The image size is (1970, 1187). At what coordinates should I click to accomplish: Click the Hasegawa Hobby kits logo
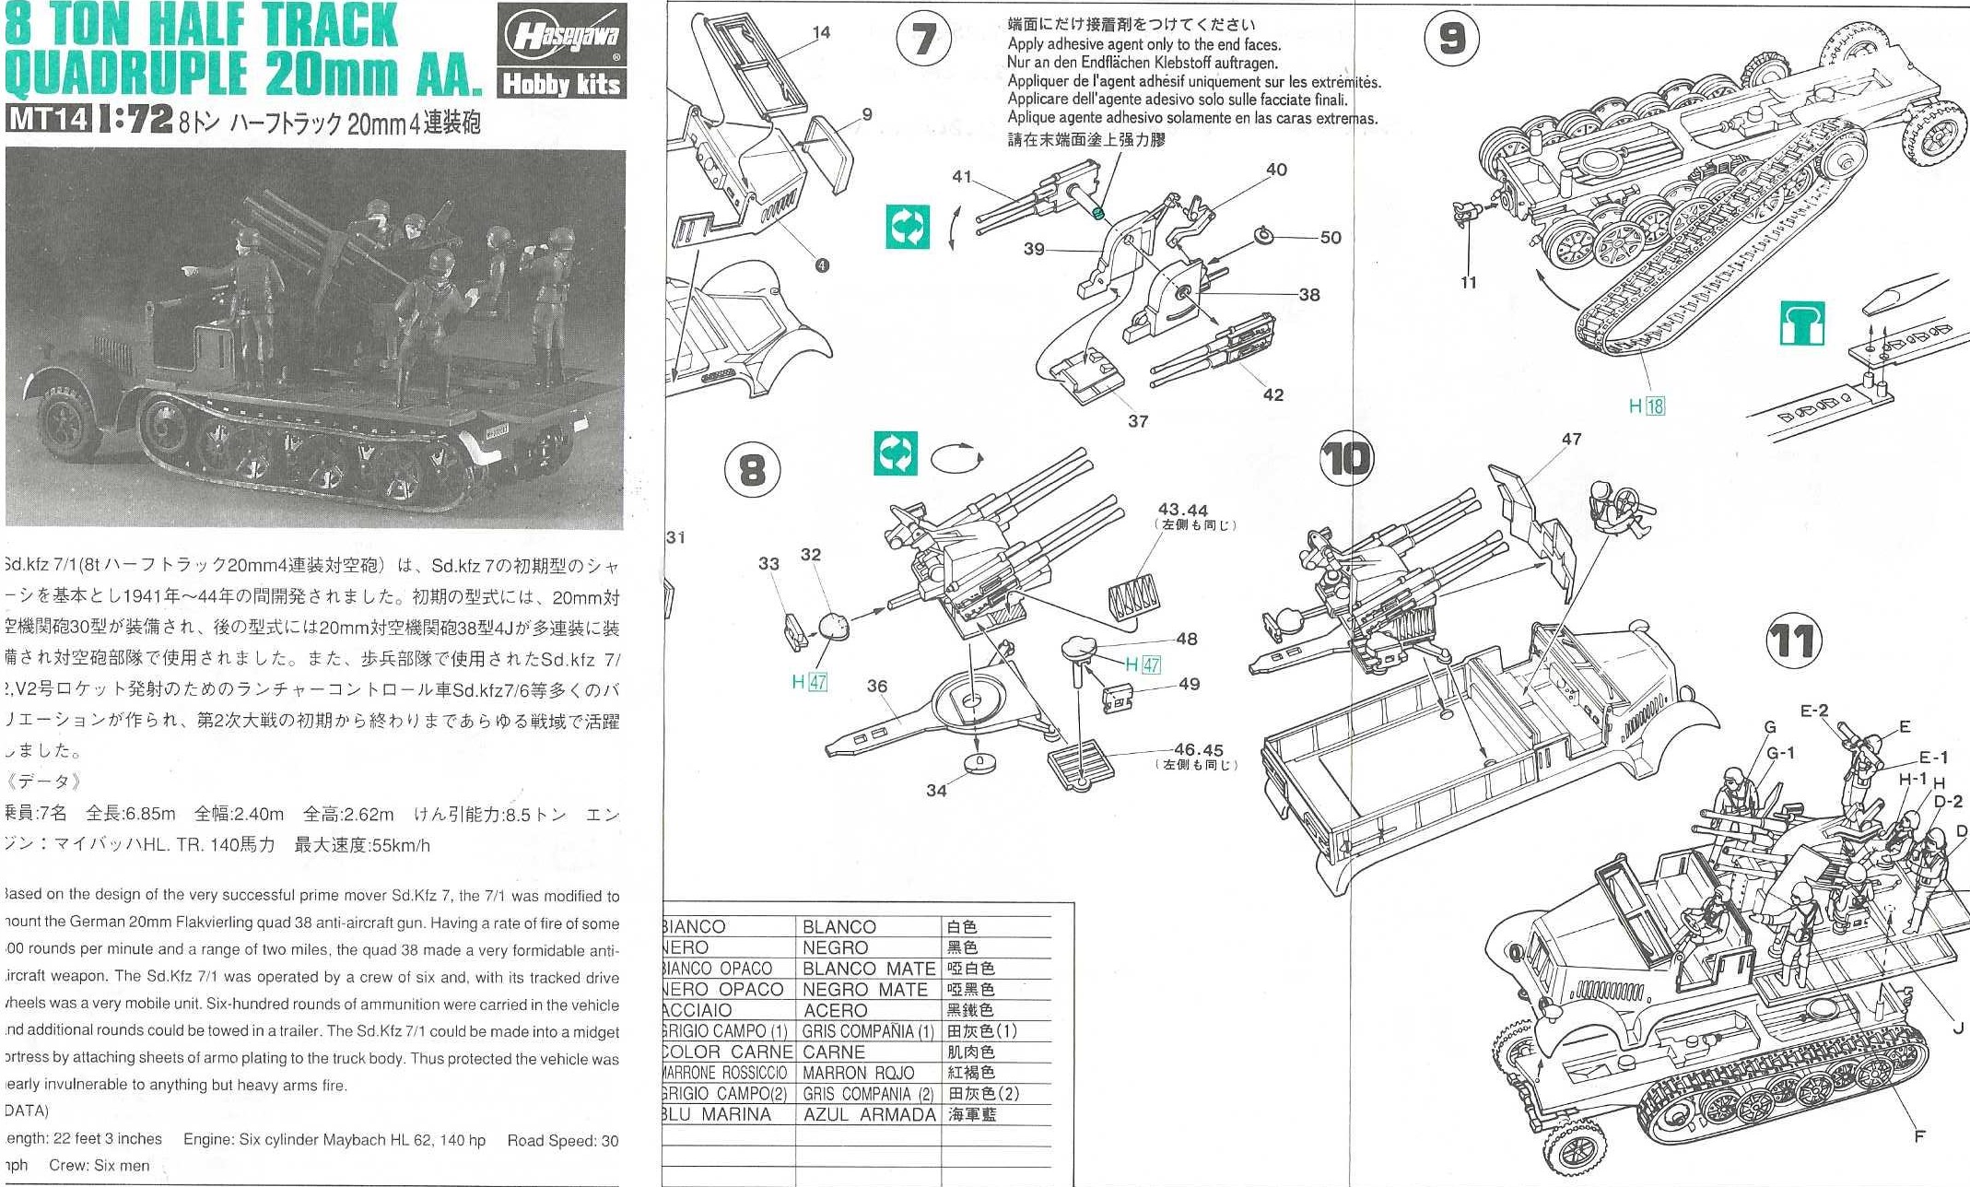tap(561, 51)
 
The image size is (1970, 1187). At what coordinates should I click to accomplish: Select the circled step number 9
tap(1451, 39)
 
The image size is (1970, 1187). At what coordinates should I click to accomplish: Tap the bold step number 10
tap(1346, 458)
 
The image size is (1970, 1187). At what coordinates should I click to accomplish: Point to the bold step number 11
tap(1793, 641)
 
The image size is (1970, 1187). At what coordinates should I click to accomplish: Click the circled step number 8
tap(752, 470)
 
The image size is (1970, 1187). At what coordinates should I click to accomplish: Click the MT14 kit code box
tap(49, 119)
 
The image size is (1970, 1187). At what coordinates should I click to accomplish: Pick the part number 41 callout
tap(962, 176)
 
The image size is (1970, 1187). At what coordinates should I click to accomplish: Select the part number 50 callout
tap(1330, 238)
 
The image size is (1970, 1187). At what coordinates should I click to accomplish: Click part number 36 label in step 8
tap(876, 686)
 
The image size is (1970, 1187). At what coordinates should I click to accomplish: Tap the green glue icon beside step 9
tap(1801, 323)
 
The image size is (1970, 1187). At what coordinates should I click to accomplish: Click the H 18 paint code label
tap(1647, 405)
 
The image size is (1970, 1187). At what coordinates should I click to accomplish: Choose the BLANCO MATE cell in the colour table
tap(868, 969)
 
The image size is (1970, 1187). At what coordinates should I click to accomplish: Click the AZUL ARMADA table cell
tap(868, 1115)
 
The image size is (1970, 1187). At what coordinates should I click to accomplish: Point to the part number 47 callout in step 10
tap(1571, 440)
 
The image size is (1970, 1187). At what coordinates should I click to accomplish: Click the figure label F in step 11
tap(1919, 1136)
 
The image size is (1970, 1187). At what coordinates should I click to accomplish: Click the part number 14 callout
tap(821, 32)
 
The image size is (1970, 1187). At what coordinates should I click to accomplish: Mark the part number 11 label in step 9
tap(1469, 282)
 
